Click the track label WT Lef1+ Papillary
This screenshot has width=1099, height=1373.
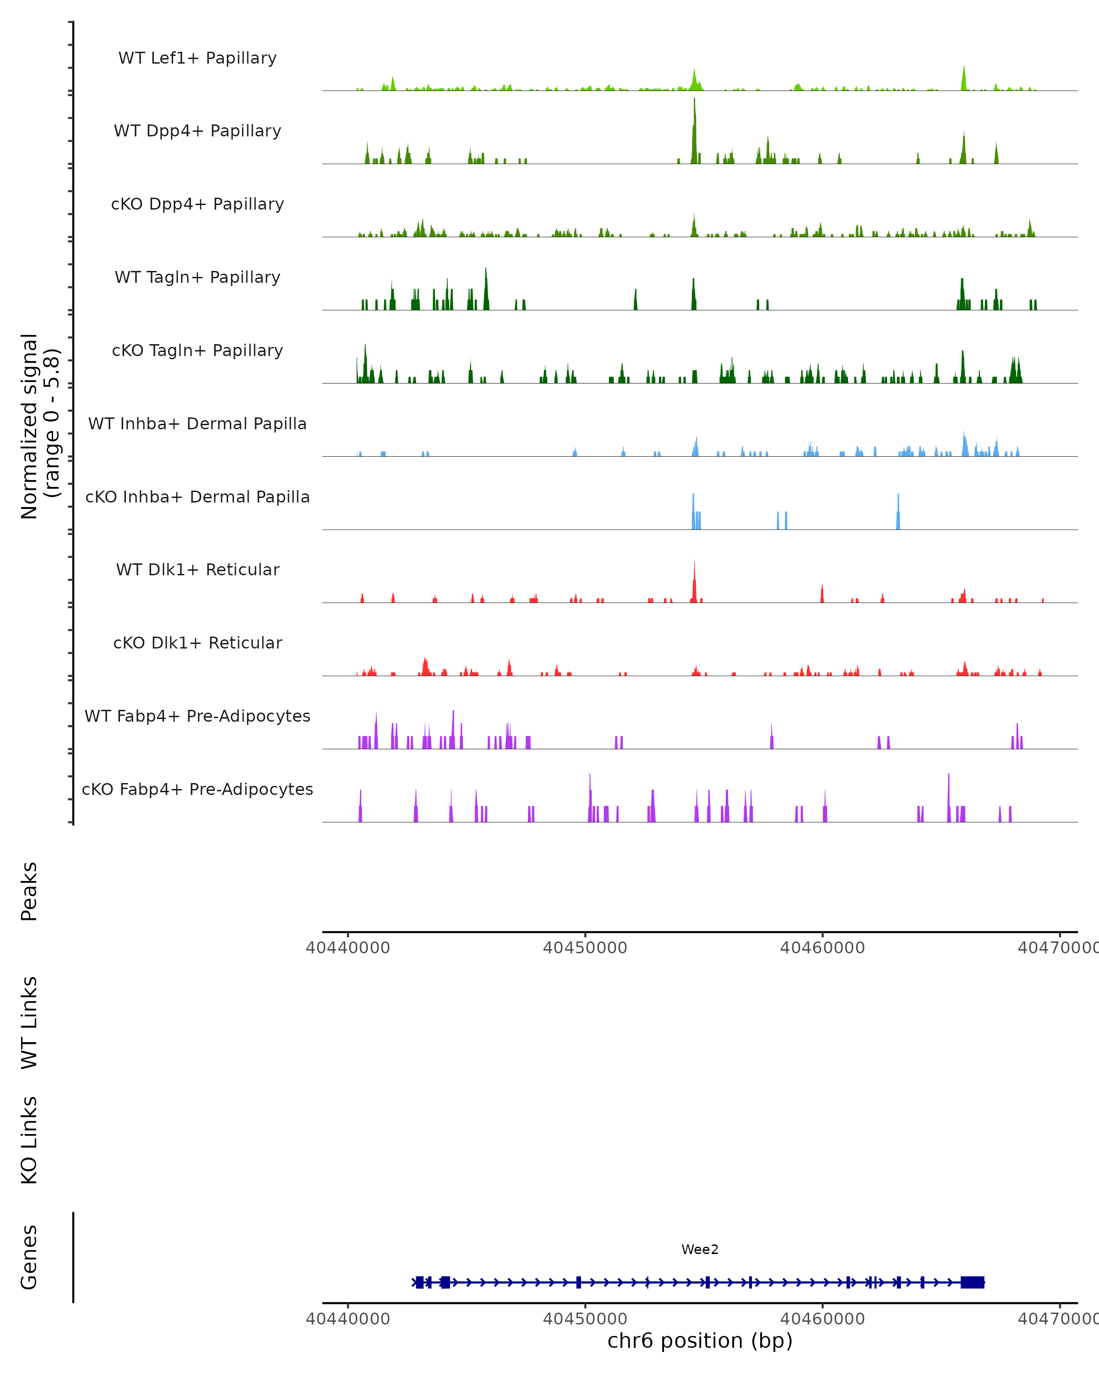(197, 58)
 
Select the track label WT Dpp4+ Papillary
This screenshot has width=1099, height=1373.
(197, 131)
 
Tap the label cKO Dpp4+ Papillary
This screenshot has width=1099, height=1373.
(197, 205)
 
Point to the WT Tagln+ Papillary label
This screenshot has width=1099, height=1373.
(197, 278)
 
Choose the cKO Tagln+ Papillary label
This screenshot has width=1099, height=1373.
(197, 351)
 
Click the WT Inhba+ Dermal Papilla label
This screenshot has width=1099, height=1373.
(197, 424)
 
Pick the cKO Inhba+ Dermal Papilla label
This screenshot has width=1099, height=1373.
(197, 497)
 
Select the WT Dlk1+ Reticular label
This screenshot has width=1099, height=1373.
(197, 570)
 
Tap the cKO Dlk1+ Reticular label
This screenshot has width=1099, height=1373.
(197, 643)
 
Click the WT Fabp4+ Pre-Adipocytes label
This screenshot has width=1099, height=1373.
(197, 716)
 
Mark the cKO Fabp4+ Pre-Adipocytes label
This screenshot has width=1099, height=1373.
(197, 789)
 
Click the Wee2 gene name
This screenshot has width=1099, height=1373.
(700, 1250)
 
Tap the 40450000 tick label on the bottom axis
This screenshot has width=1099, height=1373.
(585, 1319)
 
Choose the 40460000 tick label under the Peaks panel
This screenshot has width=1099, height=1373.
(822, 948)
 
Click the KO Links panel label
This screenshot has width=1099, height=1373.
(29, 1140)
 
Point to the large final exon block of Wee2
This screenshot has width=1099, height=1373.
(972, 1282)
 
